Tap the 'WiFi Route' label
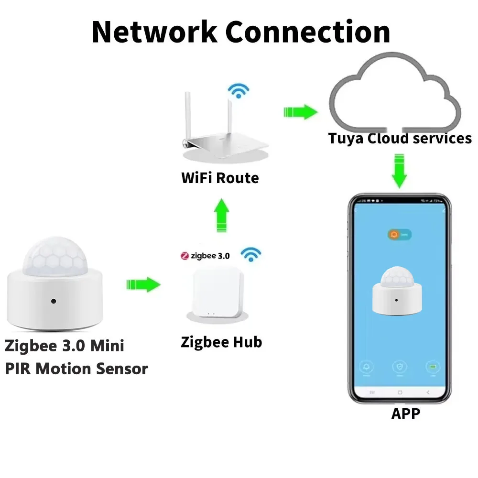click(220, 178)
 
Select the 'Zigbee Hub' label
click(221, 342)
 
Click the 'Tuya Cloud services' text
click(400, 139)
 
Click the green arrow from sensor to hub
click(143, 285)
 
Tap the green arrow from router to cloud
click(300, 112)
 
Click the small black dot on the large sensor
click(53, 302)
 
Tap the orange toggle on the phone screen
click(400, 235)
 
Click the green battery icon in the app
click(433, 367)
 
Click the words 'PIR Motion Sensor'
click(76, 369)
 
